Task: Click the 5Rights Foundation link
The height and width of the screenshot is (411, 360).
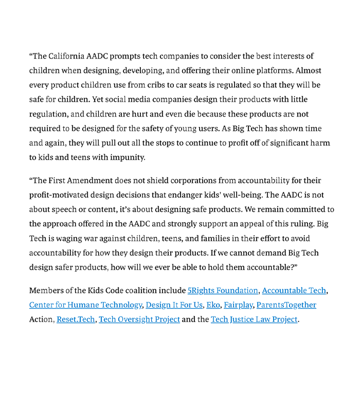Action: coord(223,291)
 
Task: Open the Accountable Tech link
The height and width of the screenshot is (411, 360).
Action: coord(294,291)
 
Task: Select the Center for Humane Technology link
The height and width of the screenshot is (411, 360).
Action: coord(85,305)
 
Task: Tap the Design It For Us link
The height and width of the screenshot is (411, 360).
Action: coord(174,305)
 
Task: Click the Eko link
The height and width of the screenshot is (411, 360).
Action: coord(213,305)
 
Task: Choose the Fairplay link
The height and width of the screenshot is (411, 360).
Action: coord(238,305)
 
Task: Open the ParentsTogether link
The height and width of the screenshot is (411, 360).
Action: coord(286,305)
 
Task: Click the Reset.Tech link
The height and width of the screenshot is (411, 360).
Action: coord(76,320)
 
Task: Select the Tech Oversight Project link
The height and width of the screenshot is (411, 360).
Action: coord(139,320)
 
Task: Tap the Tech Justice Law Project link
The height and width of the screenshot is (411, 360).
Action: coord(254,320)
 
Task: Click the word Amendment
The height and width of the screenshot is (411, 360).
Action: coord(92,181)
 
